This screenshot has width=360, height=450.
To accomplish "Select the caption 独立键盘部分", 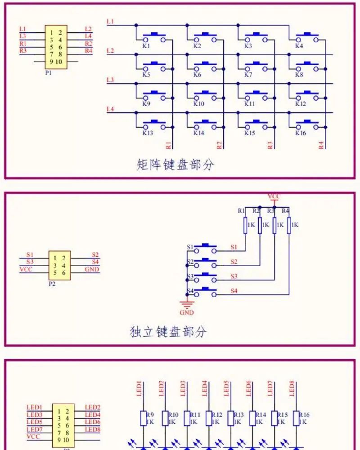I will pos(168,332).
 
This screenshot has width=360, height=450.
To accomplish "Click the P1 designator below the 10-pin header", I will pos(48,72).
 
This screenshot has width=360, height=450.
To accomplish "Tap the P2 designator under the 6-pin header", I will pos(52,285).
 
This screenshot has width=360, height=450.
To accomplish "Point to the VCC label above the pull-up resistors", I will pos(274,196).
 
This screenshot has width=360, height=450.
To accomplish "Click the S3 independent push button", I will pos(202,276).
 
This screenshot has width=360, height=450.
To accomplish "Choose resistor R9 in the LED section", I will pos(143,419).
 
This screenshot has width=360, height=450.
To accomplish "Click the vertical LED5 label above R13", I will pos(226,388).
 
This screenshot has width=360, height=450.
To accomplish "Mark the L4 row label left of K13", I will pos(110,109).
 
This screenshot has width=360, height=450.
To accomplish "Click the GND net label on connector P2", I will pos(92,269).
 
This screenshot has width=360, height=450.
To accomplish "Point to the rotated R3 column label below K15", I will pos(270,145).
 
